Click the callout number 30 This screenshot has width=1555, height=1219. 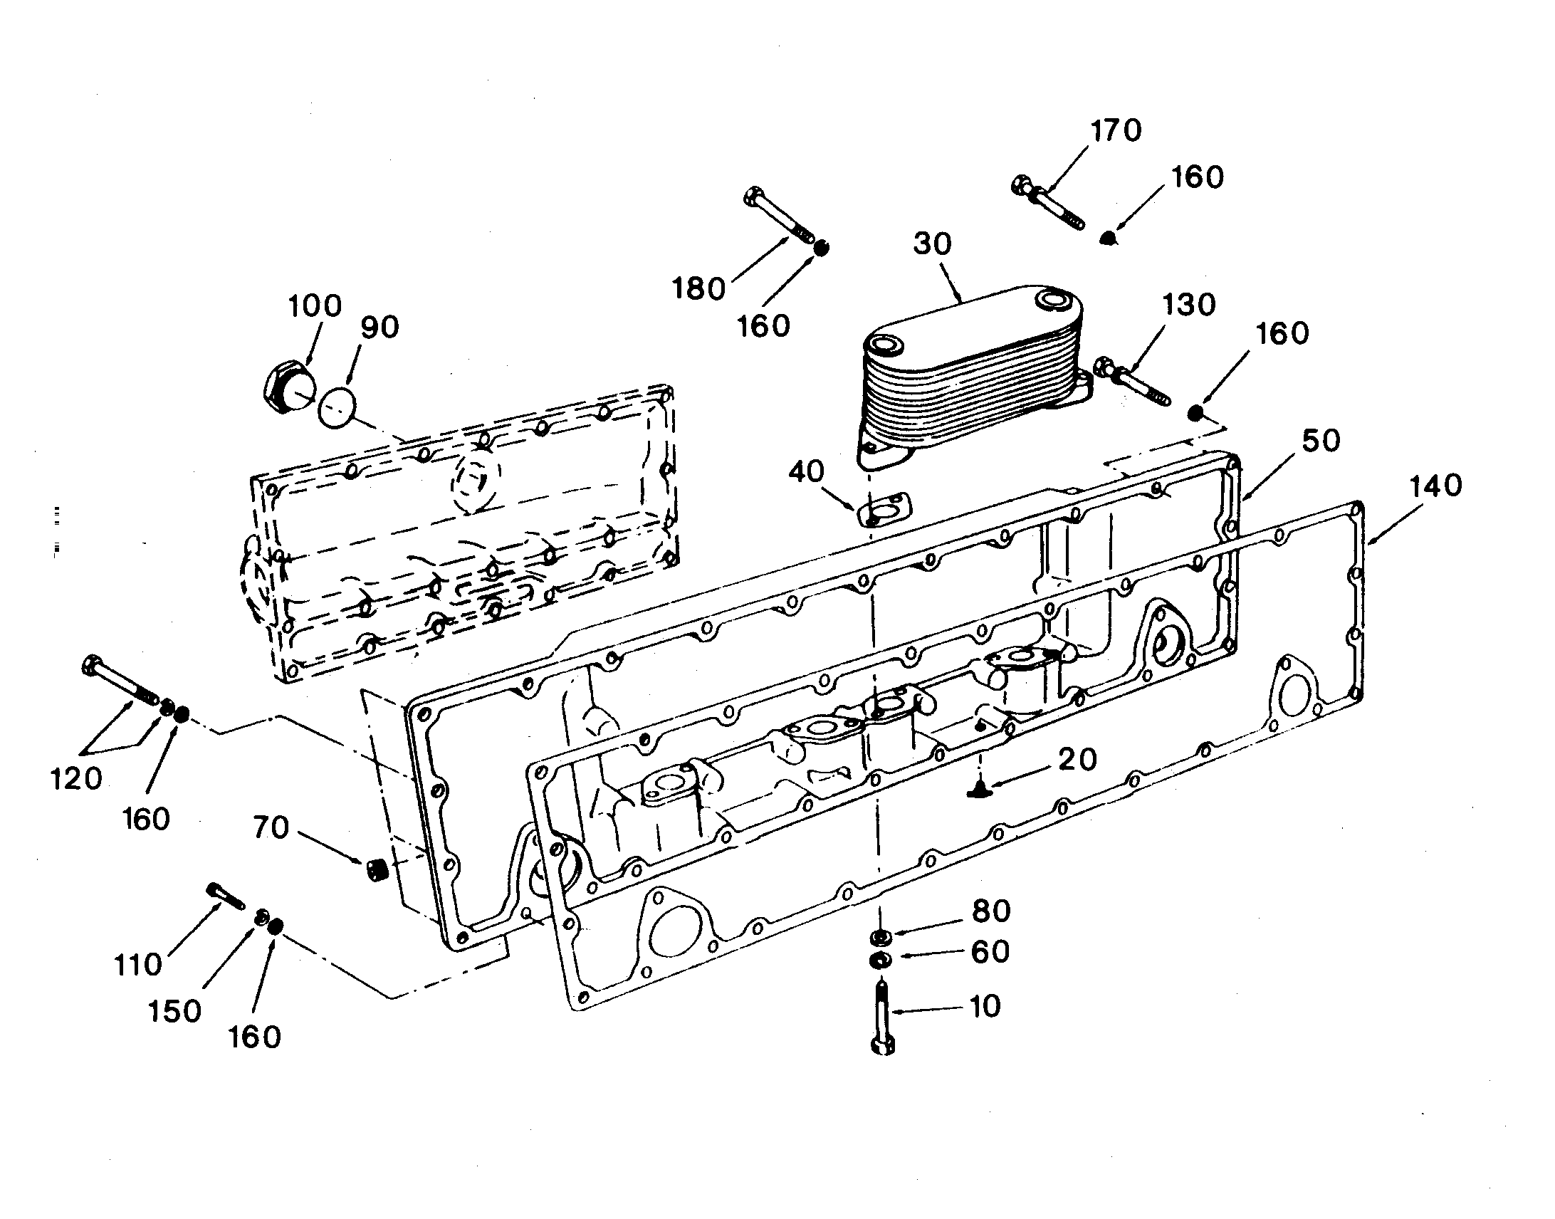tap(933, 244)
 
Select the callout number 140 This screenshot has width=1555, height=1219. tap(1435, 486)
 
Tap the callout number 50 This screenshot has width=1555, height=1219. tap(1321, 441)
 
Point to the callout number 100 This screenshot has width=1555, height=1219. tap(315, 306)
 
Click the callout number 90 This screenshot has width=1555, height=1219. tap(379, 327)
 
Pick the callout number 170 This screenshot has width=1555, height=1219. tap(1117, 130)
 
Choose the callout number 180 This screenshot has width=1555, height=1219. tap(698, 288)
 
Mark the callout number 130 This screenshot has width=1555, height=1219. tap(1190, 305)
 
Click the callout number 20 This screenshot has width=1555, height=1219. tap(1077, 759)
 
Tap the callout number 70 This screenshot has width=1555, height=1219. tap(271, 828)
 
